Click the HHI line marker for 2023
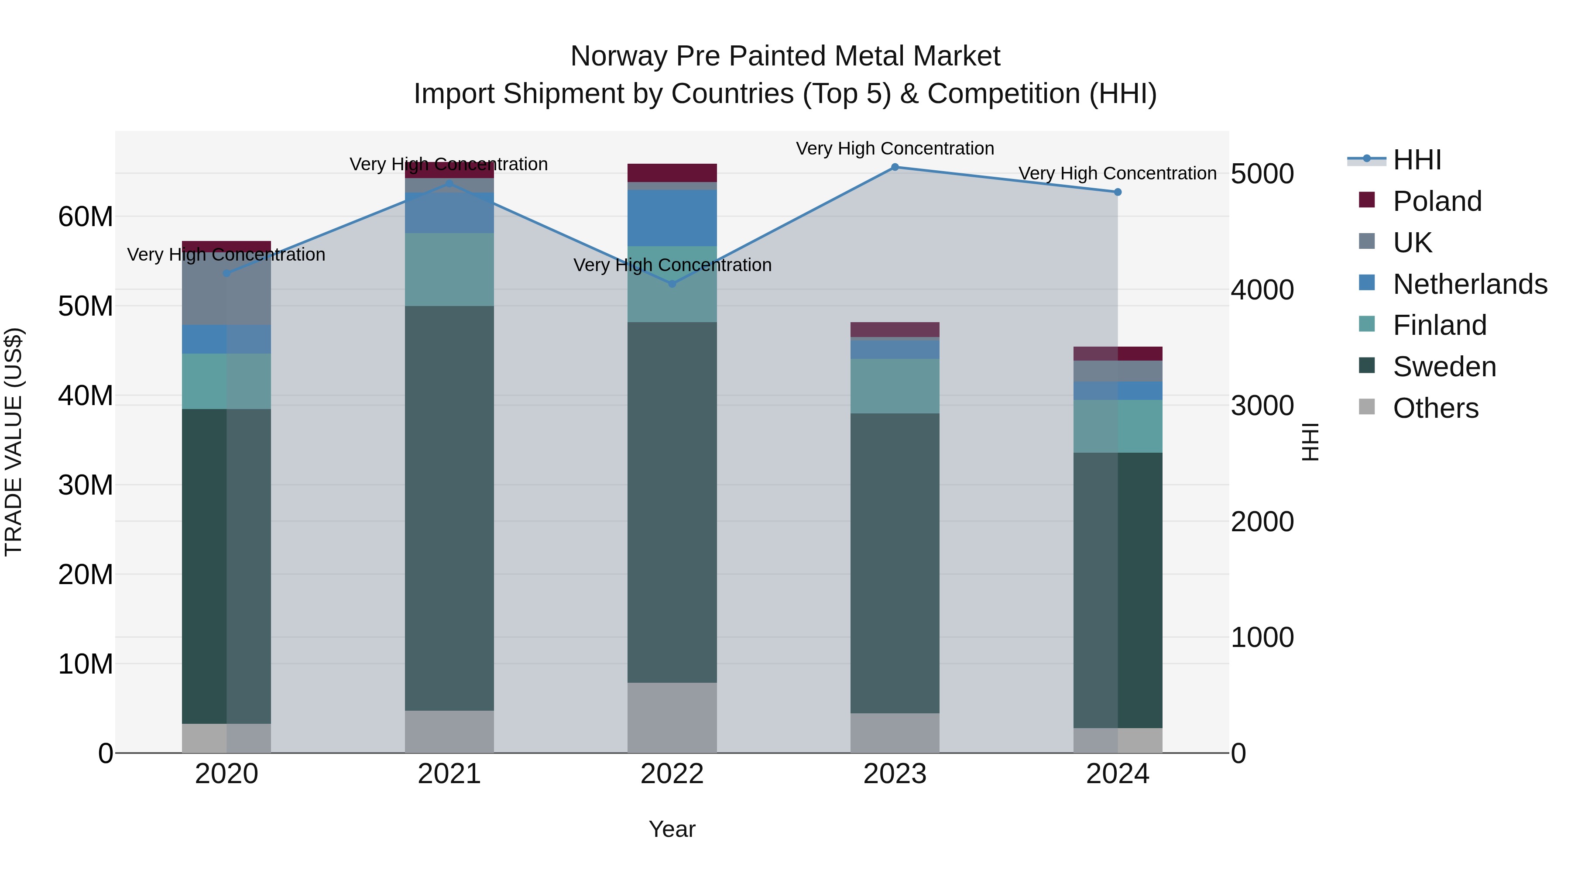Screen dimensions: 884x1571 coord(895,167)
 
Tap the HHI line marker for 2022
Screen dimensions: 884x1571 coord(672,284)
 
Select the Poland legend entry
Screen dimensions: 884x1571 coord(1436,201)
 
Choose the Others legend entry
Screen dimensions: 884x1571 coord(1435,408)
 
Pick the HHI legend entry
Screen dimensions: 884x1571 coord(1417,160)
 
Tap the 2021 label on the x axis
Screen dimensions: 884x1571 coord(449,774)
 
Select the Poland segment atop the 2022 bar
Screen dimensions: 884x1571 coord(672,172)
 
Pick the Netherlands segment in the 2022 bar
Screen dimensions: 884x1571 coord(672,218)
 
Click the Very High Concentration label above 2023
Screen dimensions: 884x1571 coord(895,148)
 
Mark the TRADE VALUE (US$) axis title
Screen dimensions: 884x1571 coord(14,442)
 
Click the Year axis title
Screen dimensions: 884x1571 coord(672,829)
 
